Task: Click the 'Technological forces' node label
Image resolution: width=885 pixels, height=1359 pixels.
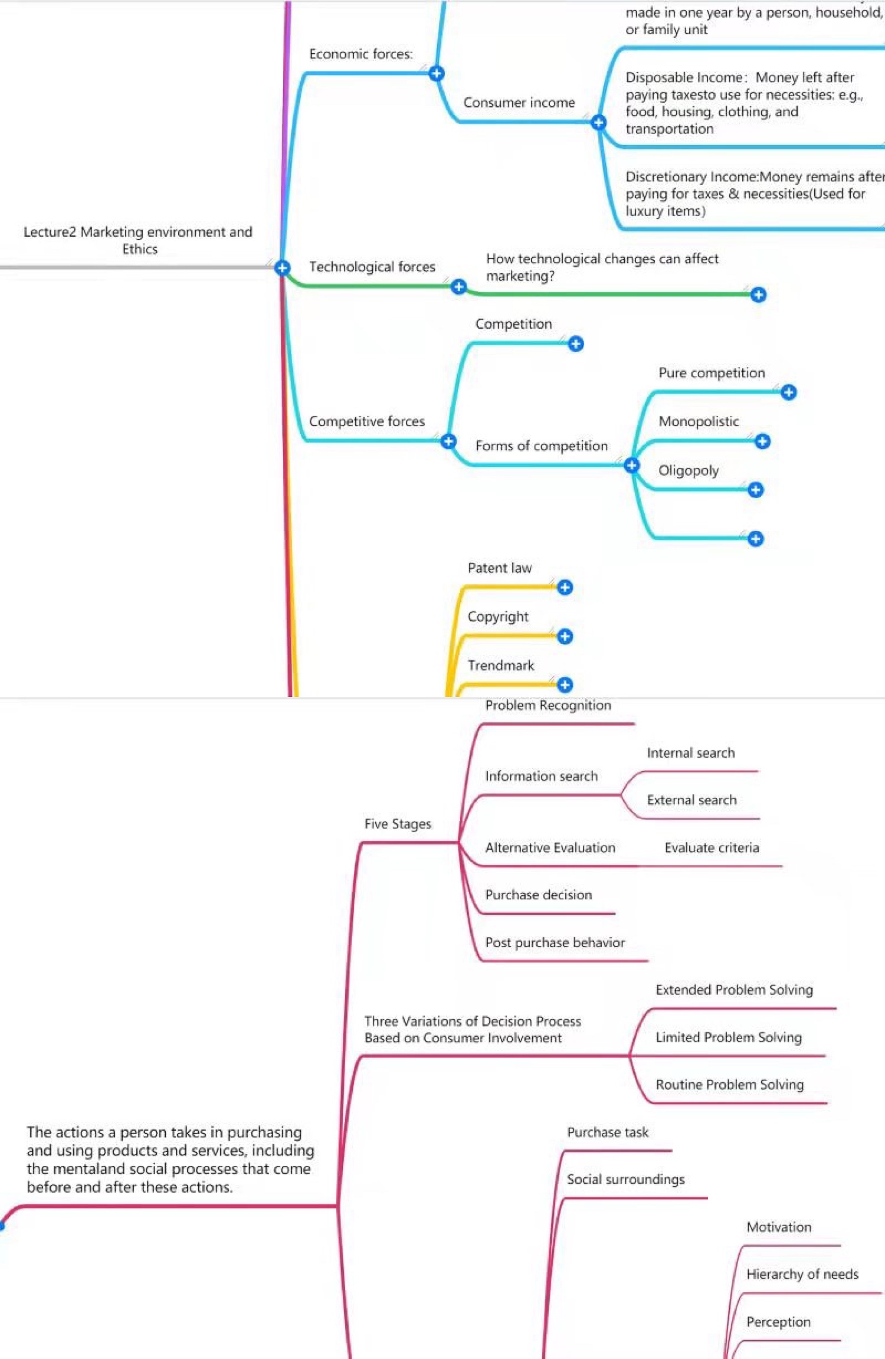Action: point(372,267)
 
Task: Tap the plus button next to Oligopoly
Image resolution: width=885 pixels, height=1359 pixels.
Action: point(755,490)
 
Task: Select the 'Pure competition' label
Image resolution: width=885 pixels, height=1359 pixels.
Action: point(712,373)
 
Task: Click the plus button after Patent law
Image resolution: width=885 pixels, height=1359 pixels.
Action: point(565,587)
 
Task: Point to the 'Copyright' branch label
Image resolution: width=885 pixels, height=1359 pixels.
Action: point(497,617)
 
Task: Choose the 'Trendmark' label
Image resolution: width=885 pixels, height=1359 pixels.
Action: point(500,666)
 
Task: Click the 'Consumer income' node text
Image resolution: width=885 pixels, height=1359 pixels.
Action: point(519,103)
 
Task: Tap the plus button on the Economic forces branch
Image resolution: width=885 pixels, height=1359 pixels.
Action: point(437,73)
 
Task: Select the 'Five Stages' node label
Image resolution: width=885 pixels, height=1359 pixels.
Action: point(398,824)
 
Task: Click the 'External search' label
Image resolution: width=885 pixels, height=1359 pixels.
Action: point(691,800)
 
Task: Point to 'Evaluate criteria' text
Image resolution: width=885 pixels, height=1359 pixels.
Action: point(712,848)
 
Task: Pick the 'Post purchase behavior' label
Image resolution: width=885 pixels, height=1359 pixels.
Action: point(555,942)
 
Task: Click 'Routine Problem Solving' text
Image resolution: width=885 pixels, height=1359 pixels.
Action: point(729,1085)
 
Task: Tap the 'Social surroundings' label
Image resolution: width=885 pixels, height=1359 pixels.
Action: point(625,1179)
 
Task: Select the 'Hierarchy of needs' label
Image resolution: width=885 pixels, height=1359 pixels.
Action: point(802,1274)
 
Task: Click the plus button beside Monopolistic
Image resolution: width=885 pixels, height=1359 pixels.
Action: point(762,441)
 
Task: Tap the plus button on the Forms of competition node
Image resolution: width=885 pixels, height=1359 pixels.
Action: point(631,465)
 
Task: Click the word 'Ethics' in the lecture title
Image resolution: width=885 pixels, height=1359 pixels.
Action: point(140,249)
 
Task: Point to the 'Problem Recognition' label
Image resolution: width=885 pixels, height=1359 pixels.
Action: point(548,705)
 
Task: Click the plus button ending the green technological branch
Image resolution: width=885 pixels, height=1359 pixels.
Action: point(758,294)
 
